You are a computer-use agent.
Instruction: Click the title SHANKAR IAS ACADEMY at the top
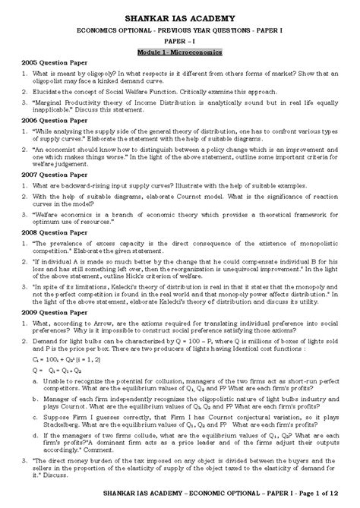(x=179, y=17)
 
